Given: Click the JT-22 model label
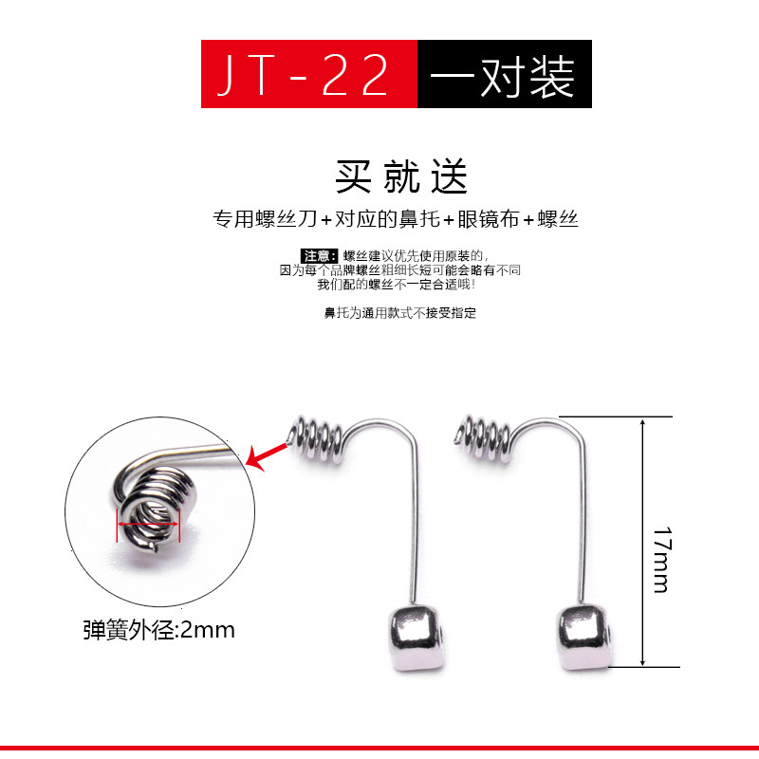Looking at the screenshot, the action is [x=303, y=75].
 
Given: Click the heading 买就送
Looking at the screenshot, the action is [x=400, y=176].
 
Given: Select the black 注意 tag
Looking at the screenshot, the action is [x=319, y=255].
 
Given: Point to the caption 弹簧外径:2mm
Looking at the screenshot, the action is [x=158, y=630].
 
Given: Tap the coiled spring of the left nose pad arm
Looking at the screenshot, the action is [x=316, y=439].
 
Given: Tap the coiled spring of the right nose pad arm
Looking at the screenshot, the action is [x=483, y=438].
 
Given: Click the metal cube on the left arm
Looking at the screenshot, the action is [x=417, y=637].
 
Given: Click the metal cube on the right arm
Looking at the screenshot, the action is [x=584, y=637].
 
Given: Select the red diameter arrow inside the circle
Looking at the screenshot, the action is [x=148, y=525].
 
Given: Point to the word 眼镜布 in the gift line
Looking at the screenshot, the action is [x=488, y=219].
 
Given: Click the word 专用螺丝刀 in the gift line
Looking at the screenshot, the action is [x=266, y=219].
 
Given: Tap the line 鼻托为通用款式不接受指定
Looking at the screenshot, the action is [x=399, y=313].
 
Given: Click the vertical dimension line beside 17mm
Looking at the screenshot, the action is [x=642, y=542].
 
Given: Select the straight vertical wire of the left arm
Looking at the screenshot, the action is [x=415, y=523].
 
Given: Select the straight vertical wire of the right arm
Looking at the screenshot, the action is [x=583, y=523].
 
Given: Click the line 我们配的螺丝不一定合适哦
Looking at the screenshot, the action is [x=397, y=285].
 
